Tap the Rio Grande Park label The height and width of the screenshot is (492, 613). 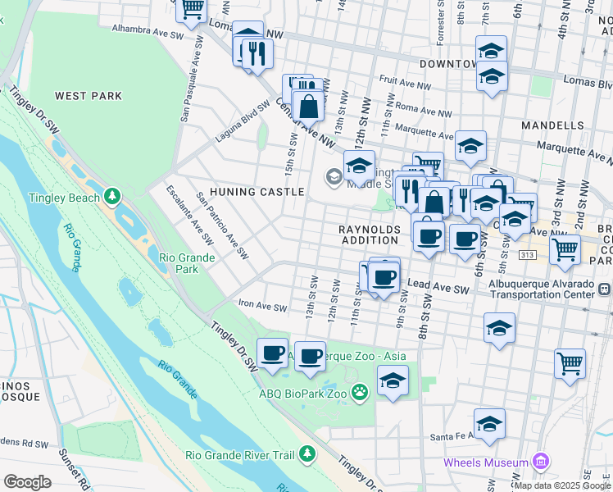187,263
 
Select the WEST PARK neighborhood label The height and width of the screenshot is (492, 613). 89,96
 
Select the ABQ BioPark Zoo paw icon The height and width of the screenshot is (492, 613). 360,394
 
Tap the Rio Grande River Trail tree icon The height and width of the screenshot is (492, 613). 306,453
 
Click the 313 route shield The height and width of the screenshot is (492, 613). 528,256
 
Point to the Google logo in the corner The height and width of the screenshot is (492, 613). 27,482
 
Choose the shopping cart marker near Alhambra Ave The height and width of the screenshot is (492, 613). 192,10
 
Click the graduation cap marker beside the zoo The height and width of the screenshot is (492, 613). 393,380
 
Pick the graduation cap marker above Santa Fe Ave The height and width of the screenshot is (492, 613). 489,423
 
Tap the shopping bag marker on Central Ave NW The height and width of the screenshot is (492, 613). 308,107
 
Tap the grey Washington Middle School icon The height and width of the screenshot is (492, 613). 334,175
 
